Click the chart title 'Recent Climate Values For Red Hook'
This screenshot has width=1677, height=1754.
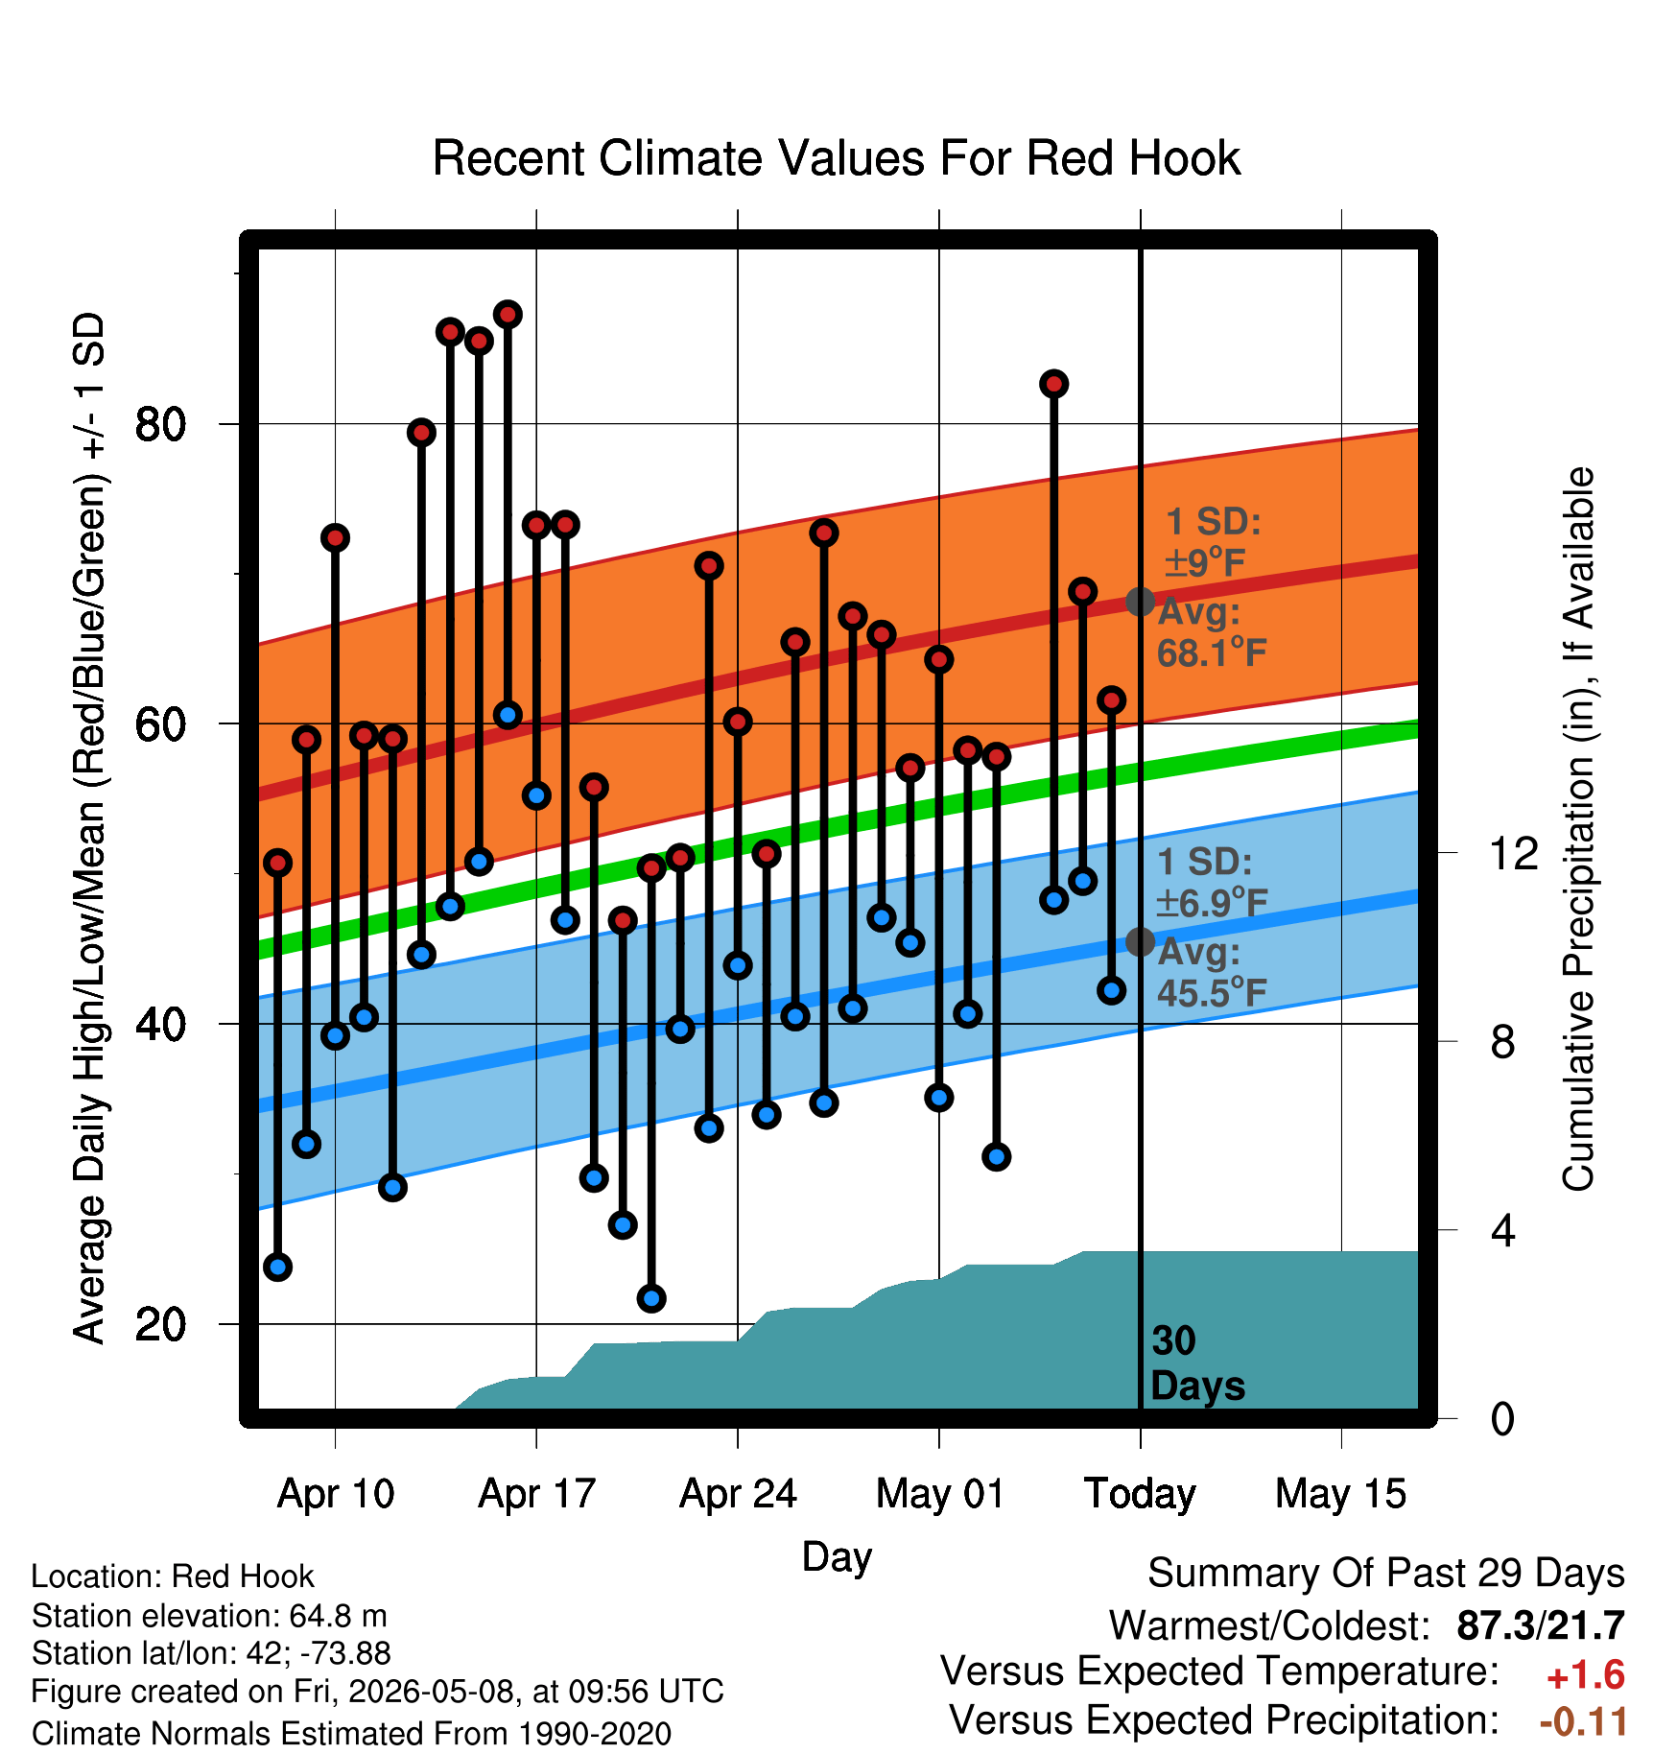click(837, 158)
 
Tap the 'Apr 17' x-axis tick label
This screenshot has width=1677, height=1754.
click(537, 1494)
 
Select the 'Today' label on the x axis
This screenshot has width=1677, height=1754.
click(1140, 1494)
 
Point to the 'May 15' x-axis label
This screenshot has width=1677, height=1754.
click(1340, 1494)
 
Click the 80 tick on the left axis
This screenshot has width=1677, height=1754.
click(161, 423)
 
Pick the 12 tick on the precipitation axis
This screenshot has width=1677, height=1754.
click(1513, 853)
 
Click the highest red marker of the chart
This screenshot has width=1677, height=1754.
click(508, 314)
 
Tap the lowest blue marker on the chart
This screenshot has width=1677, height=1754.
click(651, 1298)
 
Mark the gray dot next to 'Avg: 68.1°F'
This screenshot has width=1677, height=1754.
click(1140, 602)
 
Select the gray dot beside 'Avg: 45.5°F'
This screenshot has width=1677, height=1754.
click(1140, 942)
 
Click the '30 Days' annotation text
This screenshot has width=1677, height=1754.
click(1197, 1363)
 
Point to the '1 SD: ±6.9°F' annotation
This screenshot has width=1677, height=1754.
click(1213, 882)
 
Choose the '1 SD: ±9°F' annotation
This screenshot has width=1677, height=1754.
click(1213, 542)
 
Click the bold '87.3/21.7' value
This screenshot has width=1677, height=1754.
click(1541, 1625)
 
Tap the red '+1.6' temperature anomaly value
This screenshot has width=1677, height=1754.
click(1586, 1675)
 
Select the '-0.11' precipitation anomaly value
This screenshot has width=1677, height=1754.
click(1583, 1722)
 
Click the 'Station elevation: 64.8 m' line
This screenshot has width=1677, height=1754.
click(209, 1616)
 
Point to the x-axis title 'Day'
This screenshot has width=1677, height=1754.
click(837, 1556)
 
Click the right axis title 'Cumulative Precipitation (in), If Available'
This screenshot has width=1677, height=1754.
click(1577, 829)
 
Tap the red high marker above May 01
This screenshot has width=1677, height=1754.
click(939, 659)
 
